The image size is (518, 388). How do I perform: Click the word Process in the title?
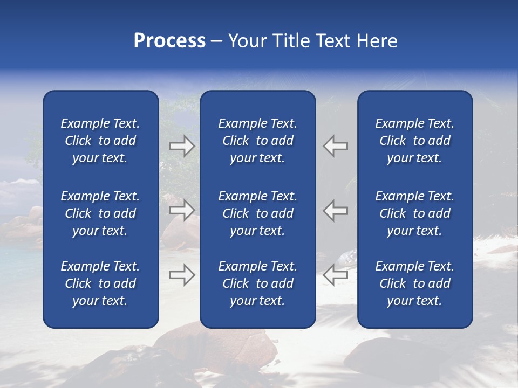169,41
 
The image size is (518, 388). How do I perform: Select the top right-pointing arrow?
182,146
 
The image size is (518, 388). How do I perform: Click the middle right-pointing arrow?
182,211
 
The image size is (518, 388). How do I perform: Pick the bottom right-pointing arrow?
182,275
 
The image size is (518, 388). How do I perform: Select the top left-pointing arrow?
335,146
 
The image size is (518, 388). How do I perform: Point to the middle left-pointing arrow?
335,211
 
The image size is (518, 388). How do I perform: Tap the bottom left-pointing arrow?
335,275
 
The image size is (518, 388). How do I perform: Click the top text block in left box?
100,141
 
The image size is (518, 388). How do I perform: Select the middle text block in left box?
100,213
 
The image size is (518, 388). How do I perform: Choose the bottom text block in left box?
100,283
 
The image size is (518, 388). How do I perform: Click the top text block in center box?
257,141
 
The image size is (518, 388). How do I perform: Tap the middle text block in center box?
257,213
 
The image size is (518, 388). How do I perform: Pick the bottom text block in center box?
257,283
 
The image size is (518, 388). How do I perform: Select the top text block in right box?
414,141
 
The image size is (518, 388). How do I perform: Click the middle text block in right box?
414,213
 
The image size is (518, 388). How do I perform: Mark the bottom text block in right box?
414,283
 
